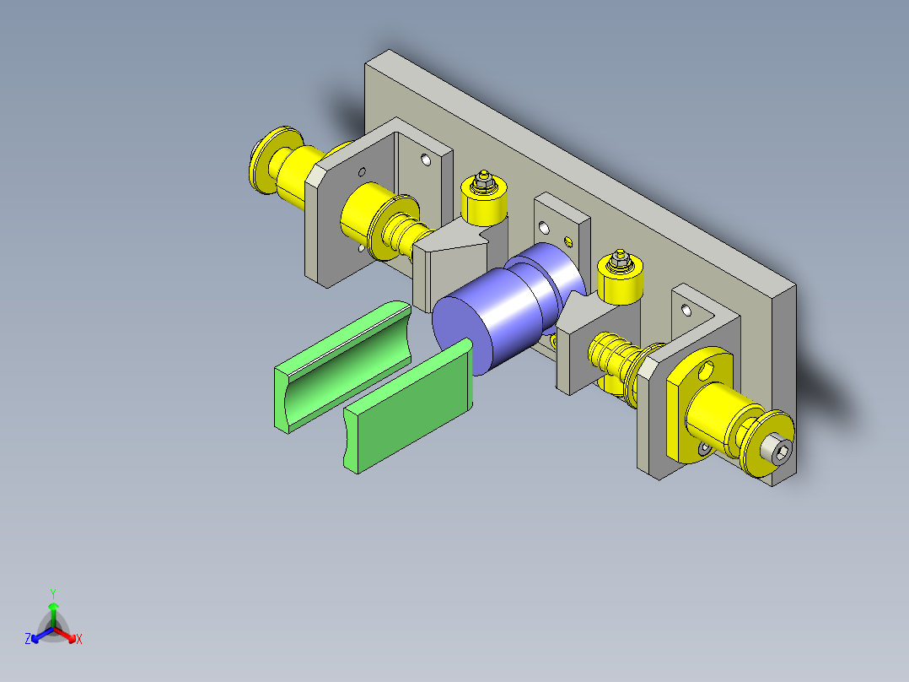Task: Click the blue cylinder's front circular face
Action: pyautogui.click(x=462, y=335)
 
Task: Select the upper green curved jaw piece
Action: pyautogui.click(x=342, y=366)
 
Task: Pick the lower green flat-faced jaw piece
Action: pyautogui.click(x=409, y=406)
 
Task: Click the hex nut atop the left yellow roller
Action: pyautogui.click(x=483, y=183)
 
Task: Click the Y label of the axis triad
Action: pyautogui.click(x=53, y=593)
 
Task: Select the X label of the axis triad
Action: pyautogui.click(x=79, y=639)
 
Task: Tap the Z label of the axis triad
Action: pyautogui.click(x=27, y=639)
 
